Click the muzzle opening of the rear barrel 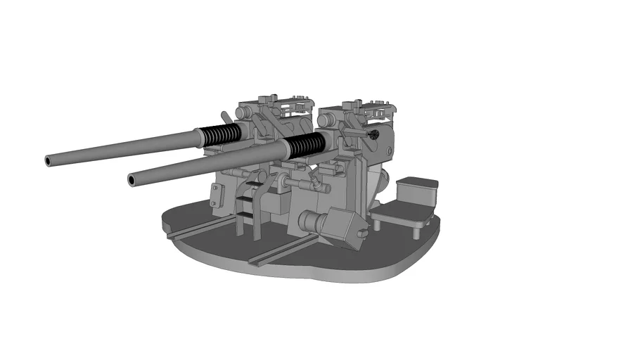coord(49,161)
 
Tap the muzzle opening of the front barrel coord(131,181)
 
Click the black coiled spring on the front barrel coord(307,144)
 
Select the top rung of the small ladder coord(247,184)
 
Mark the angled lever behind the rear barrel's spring coord(226,117)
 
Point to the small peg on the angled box coord(362,231)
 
